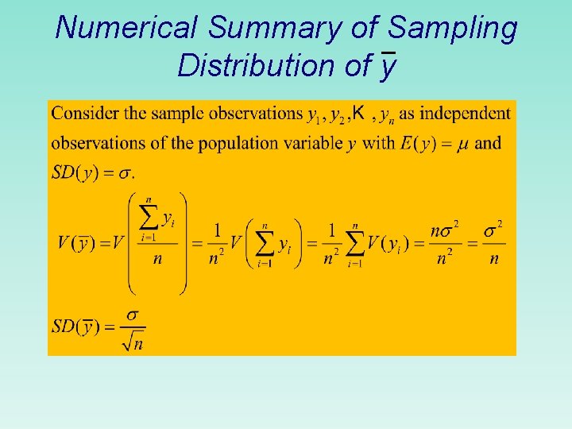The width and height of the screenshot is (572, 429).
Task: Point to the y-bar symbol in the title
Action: (387, 66)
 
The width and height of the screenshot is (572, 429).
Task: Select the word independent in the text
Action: (465, 114)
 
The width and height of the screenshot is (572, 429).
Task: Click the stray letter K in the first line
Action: (359, 114)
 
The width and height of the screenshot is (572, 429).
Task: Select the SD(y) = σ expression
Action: (93, 172)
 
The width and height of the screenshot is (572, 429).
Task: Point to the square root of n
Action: (133, 342)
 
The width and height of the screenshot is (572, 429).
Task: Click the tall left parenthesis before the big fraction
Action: (133, 242)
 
